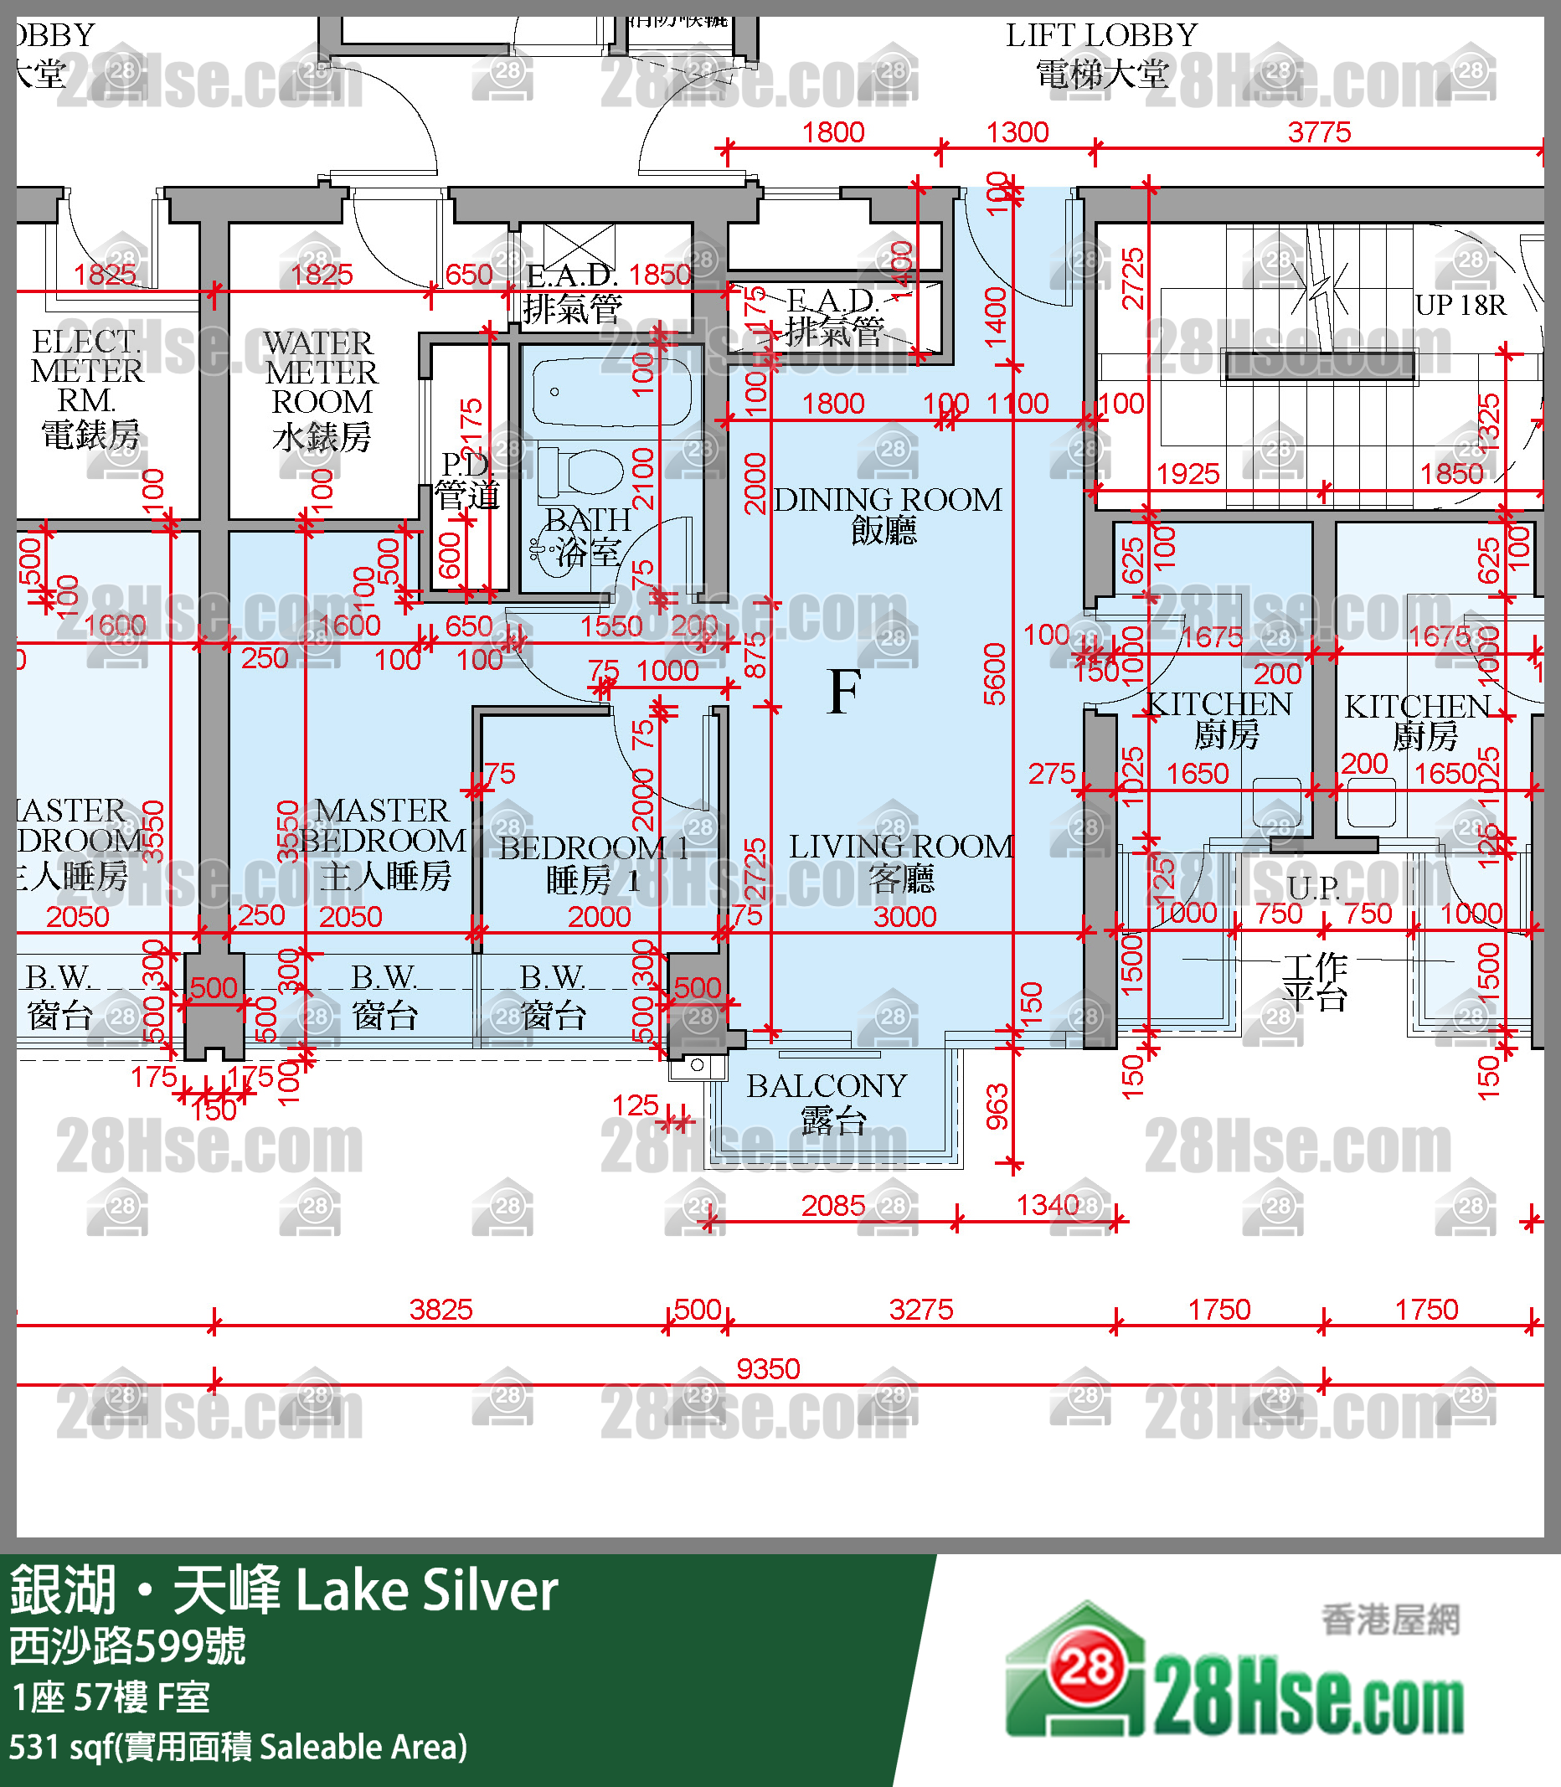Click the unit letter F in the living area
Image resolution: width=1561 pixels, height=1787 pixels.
tap(844, 693)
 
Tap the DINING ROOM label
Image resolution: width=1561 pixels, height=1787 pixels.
tap(887, 500)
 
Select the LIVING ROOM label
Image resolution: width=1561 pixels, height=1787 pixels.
tap(901, 847)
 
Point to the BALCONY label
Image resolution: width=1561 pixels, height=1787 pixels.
tap(826, 1086)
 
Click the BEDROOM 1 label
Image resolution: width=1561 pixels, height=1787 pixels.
tap(593, 848)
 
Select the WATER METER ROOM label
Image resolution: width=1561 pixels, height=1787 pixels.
tap(321, 373)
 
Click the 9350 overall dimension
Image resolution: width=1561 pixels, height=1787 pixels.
tap(767, 1369)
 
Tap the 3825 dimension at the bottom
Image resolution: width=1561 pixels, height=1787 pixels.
tap(440, 1310)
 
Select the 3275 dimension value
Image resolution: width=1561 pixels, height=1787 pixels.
tap(920, 1310)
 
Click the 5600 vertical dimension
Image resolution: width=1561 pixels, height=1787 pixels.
tap(994, 674)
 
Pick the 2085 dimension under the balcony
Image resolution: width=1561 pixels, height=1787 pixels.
tap(832, 1206)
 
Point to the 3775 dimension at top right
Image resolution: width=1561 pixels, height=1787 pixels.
tap(1319, 132)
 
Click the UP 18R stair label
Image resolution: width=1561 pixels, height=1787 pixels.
tap(1460, 306)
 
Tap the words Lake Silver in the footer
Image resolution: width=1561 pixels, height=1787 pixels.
tap(426, 1591)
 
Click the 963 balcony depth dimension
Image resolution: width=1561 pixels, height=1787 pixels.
tap(997, 1107)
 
